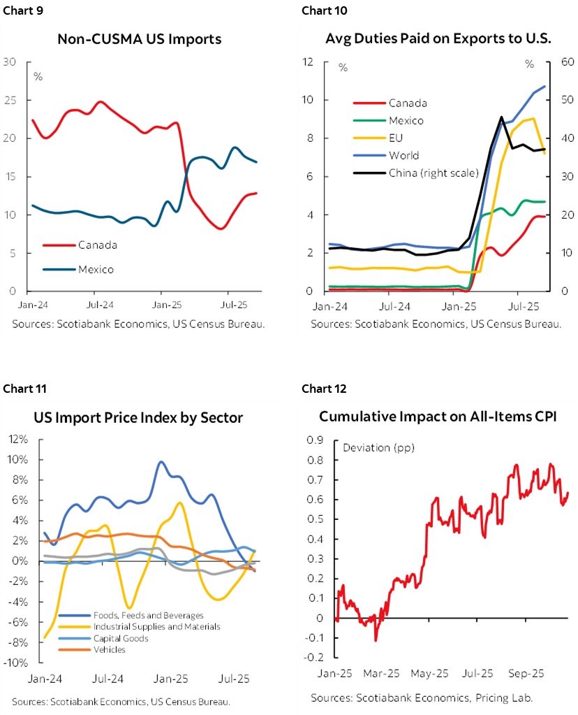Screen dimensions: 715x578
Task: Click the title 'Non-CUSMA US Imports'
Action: click(x=139, y=39)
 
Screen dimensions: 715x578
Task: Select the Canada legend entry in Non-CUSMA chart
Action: click(x=97, y=245)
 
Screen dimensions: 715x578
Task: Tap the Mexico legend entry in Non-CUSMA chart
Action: click(x=96, y=269)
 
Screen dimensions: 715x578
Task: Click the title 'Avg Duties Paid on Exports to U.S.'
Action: click(x=438, y=38)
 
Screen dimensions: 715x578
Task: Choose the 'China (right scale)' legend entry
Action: click(x=433, y=173)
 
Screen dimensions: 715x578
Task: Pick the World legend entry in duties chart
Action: click(x=403, y=155)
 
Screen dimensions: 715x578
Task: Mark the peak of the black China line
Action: click(x=501, y=117)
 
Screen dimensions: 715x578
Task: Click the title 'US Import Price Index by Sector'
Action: click(x=138, y=418)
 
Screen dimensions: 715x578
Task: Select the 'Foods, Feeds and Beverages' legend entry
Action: click(x=148, y=615)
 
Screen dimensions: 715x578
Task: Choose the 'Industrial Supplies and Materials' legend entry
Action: click(x=156, y=626)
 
